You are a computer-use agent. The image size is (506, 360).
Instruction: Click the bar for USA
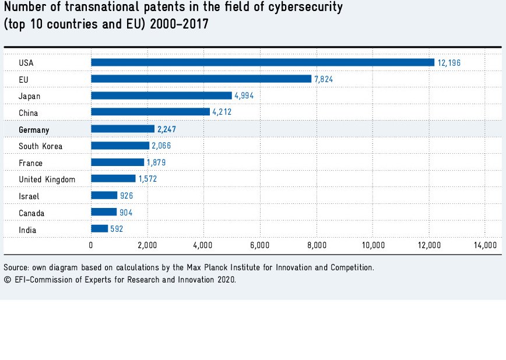tap(262, 62)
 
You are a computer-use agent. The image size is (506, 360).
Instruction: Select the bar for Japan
tap(161, 96)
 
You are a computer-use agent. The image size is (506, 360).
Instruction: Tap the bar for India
tap(100, 230)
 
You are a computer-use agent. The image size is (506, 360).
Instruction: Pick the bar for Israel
tap(104, 196)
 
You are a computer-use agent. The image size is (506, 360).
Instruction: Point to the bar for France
tap(118, 163)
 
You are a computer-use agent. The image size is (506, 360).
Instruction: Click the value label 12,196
tap(449, 62)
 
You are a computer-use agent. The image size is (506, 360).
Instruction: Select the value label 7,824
tap(324, 79)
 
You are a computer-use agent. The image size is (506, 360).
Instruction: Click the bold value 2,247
tap(168, 129)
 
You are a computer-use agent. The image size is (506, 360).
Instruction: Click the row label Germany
tap(34, 130)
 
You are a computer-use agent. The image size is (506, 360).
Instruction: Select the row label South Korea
tap(40, 146)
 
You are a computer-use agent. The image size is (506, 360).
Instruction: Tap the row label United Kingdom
tap(47, 179)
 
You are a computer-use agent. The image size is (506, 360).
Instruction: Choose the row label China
tap(29, 113)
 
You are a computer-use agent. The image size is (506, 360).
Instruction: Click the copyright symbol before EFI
tap(7, 280)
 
